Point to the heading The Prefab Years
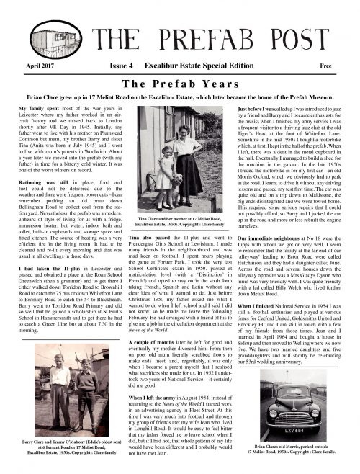coord(179,81)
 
